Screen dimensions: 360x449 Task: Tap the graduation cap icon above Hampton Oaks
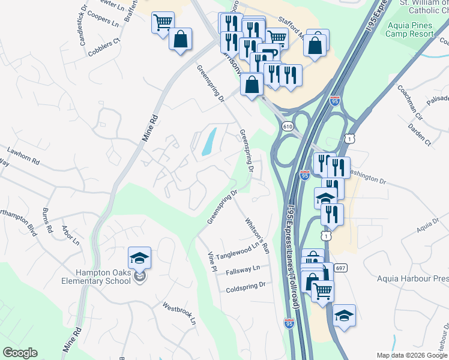coord(139,259)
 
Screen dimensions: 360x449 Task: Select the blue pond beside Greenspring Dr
coord(208,142)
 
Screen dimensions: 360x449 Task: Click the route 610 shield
coord(288,126)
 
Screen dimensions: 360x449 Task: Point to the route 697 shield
coord(340,267)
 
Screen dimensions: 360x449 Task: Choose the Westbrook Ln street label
coord(179,313)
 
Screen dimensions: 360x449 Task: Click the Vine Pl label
coord(211,262)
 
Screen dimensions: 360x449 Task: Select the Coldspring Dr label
coord(246,287)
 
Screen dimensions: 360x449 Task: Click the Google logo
coord(20,353)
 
